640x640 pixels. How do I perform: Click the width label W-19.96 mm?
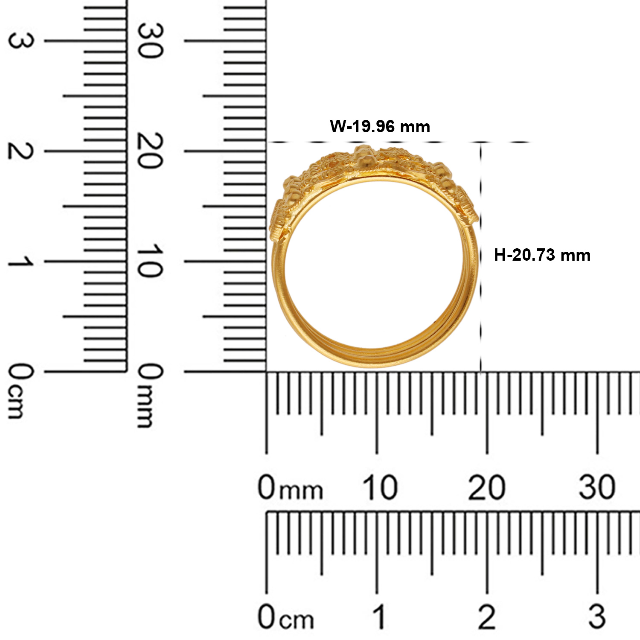(x=380, y=127)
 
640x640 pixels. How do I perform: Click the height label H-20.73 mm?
(x=542, y=255)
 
